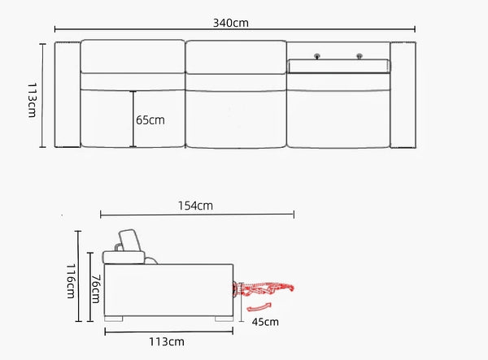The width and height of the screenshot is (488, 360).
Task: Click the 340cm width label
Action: tap(231, 23)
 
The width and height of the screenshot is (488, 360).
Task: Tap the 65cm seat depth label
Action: tap(150, 120)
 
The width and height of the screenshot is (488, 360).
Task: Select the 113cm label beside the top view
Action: tap(33, 100)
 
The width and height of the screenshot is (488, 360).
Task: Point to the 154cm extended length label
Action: tap(195, 206)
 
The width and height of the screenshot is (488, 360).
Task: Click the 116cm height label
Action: tap(71, 281)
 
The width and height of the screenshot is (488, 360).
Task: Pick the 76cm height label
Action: tap(95, 288)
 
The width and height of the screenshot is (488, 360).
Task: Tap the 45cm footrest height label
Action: tap(265, 322)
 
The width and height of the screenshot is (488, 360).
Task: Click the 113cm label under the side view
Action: tap(167, 341)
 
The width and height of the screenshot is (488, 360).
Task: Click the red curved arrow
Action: tap(259, 307)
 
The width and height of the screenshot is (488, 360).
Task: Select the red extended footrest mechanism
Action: tap(263, 288)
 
